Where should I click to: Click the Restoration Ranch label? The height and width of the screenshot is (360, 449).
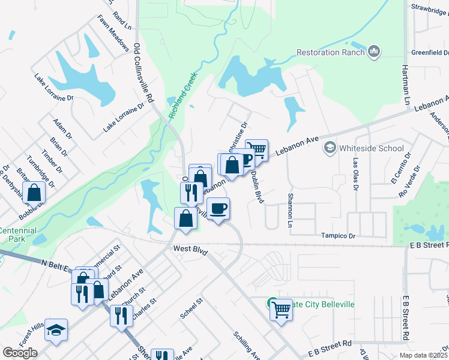point(331,52)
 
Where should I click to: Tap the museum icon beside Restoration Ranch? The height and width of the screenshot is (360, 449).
point(374,52)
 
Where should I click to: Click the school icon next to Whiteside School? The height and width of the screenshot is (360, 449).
point(329,148)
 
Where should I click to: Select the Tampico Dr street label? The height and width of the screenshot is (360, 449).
point(337,236)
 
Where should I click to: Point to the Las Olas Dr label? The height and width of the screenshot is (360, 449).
point(355,174)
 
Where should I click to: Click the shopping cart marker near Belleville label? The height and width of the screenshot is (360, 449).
point(280,311)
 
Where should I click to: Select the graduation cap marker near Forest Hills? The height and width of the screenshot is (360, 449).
point(56,330)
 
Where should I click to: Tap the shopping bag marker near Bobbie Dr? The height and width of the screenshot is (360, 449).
point(34,193)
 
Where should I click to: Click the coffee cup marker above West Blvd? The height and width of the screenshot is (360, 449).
point(218,209)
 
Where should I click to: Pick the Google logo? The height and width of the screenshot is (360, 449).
point(20,353)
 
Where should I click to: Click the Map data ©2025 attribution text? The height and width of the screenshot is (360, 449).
point(423,355)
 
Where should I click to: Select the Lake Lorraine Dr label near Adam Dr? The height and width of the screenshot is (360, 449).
point(54,88)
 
